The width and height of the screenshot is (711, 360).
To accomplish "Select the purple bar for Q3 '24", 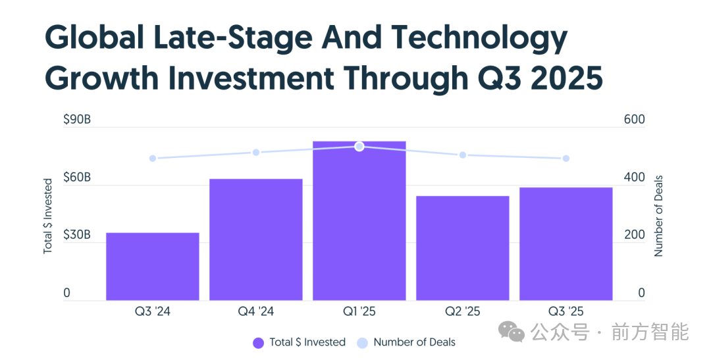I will pyautogui.click(x=152, y=267).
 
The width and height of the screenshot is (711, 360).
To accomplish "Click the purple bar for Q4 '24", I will pyautogui.click(x=255, y=240).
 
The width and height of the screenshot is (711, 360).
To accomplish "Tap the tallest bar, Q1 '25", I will pyautogui.click(x=359, y=221).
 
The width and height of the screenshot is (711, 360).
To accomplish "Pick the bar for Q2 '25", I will pyautogui.click(x=462, y=248).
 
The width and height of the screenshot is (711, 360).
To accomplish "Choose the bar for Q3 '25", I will pyautogui.click(x=566, y=244).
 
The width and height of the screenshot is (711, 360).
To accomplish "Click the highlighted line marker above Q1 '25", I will pyautogui.click(x=359, y=146).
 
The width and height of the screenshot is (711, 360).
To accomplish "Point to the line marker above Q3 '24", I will pyautogui.click(x=153, y=159).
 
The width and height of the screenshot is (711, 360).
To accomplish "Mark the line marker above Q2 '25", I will pyautogui.click(x=462, y=155).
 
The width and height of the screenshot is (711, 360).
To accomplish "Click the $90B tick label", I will pyautogui.click(x=77, y=120).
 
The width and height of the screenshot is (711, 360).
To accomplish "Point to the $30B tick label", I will pyautogui.click(x=77, y=235).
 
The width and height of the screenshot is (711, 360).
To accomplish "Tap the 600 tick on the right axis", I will pyautogui.click(x=634, y=120).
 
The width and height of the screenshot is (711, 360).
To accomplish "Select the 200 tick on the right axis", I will pyautogui.click(x=634, y=235).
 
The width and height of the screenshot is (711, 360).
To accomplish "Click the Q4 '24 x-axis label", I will pyautogui.click(x=255, y=311).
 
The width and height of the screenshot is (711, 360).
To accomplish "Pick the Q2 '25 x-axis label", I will pyautogui.click(x=462, y=311).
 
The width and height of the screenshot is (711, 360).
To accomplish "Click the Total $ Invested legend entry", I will pyautogui.click(x=299, y=342).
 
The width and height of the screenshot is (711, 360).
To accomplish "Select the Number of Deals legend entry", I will pyautogui.click(x=406, y=342).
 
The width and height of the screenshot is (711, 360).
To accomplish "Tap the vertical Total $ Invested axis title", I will pyautogui.click(x=48, y=216).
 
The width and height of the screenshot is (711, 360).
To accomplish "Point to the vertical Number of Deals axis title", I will pyautogui.click(x=658, y=216).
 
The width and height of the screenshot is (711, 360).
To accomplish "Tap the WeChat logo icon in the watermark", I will pyautogui.click(x=512, y=332).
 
